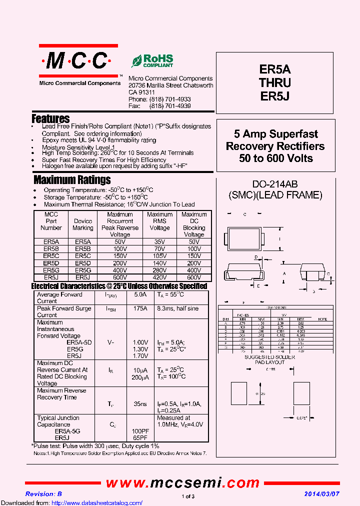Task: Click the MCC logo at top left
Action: pyautogui.click(x=78, y=61)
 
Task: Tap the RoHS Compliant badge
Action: pyautogui.click(x=152, y=61)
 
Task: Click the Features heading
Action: pyautogui.click(x=50, y=119)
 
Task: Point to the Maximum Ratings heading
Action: pyautogui.click(x=72, y=180)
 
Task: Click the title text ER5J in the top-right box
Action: pyautogui.click(x=275, y=95)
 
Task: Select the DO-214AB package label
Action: pyautogui.click(x=275, y=184)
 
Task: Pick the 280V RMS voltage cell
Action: pyautogui.click(x=159, y=270)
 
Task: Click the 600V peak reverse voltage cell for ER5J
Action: pyautogui.click(x=120, y=277)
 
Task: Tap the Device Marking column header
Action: pyautogui.click(x=83, y=224)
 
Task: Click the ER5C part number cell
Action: pyautogui.click(x=51, y=255)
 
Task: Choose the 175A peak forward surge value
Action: pyautogui.click(x=140, y=309)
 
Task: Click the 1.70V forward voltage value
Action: pyautogui.click(x=140, y=356)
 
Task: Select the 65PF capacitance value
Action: pyautogui.click(x=140, y=437)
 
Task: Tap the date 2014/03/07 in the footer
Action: pyautogui.click(x=322, y=493)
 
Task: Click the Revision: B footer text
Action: pyautogui.click(x=43, y=493)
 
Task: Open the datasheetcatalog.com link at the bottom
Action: pyautogui.click(x=71, y=502)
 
